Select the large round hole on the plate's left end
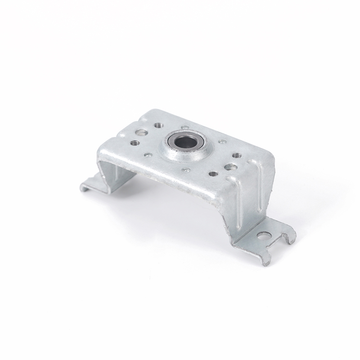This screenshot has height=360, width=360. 141,133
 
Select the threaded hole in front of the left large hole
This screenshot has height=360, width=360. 134,143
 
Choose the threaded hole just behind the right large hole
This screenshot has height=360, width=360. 236,156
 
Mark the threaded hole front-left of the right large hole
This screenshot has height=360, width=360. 213,174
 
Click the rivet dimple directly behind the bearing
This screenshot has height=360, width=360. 185,128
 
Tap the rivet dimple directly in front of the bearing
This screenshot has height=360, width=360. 186,170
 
